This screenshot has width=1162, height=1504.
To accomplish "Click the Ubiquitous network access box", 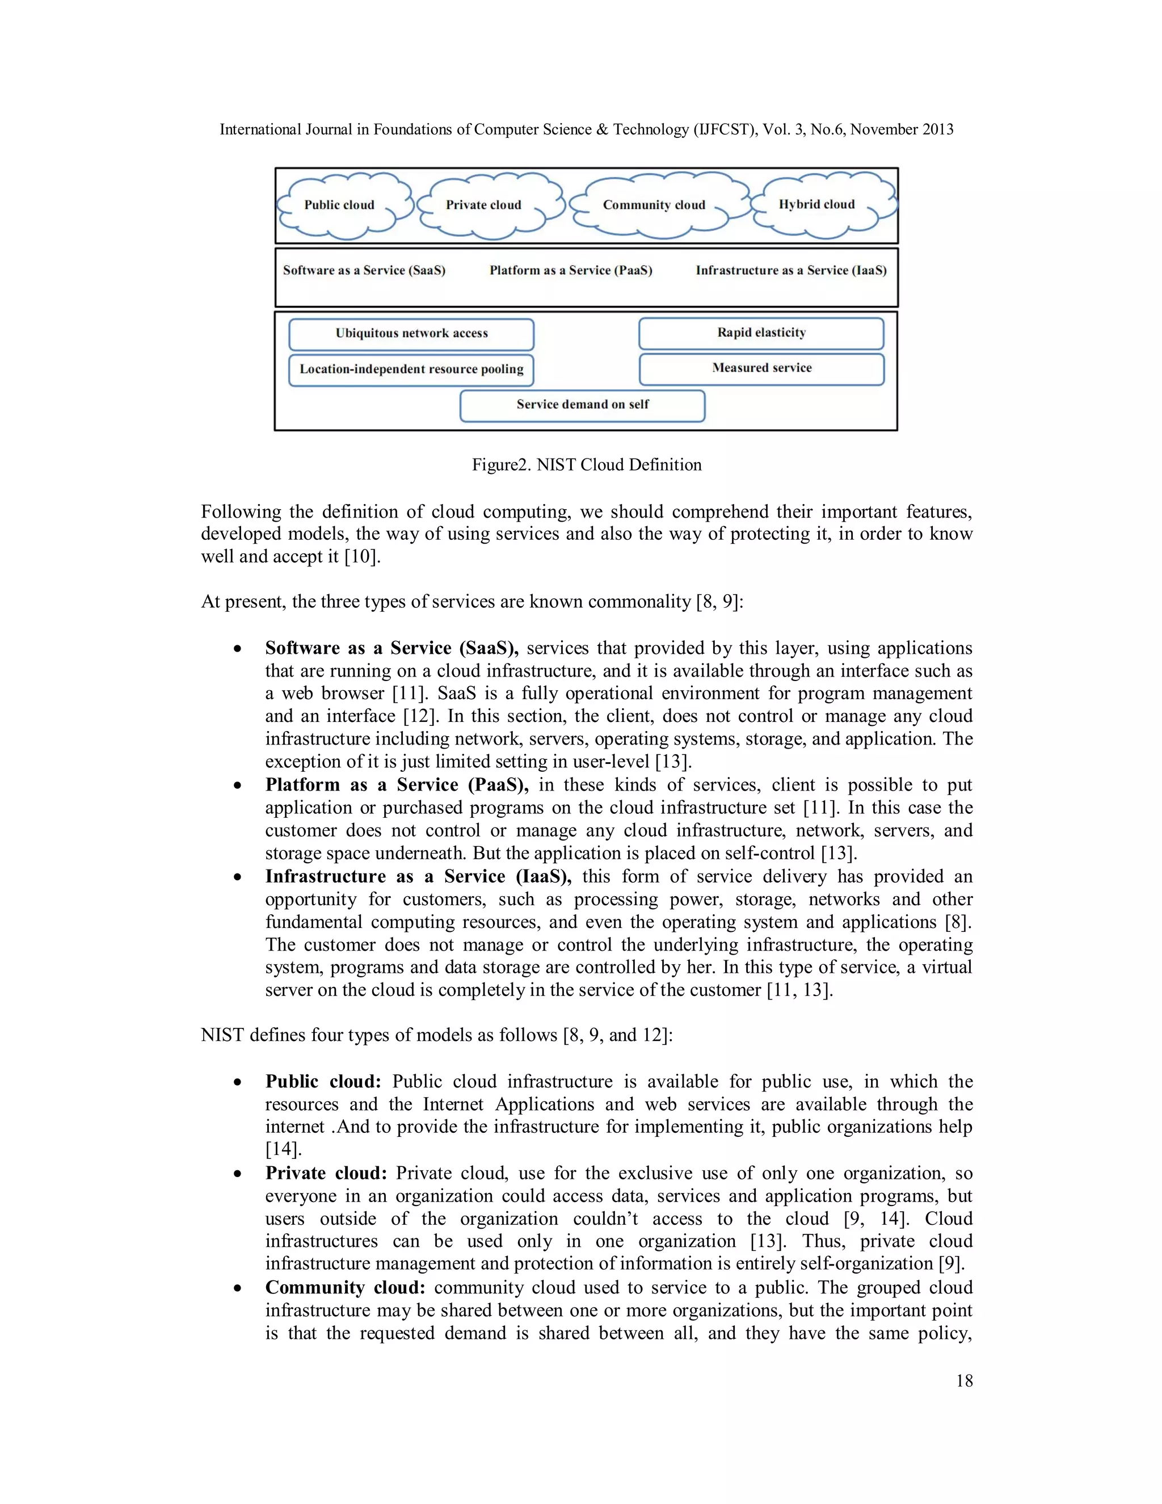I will (x=412, y=334).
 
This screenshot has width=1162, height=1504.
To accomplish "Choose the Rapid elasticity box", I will (x=761, y=333).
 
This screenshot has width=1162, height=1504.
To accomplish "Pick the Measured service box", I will (x=761, y=368).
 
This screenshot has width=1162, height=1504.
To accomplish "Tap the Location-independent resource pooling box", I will (x=412, y=370).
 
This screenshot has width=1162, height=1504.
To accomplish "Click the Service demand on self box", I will (x=582, y=405).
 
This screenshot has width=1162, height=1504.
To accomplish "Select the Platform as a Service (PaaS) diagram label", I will (x=571, y=271).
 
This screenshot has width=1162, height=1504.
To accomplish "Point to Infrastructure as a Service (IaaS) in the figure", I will (x=791, y=271).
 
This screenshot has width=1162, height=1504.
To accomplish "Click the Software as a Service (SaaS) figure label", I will (x=364, y=271).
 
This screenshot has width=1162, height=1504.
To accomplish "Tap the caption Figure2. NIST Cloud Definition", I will (x=587, y=465).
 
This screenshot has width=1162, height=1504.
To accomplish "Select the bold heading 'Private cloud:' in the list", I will (x=326, y=1174).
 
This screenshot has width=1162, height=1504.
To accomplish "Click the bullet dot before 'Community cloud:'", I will (x=238, y=1288).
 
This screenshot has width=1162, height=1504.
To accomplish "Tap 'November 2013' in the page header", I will (x=902, y=129).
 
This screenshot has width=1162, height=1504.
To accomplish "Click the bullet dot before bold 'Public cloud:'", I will (x=238, y=1082).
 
